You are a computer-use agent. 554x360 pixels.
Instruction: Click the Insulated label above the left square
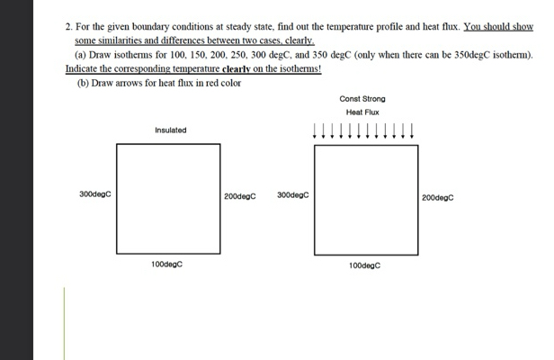point(170,130)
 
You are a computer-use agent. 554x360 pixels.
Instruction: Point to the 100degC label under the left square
point(168,265)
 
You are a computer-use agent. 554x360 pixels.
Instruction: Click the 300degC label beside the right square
point(293,193)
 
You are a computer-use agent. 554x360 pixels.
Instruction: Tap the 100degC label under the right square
point(365,266)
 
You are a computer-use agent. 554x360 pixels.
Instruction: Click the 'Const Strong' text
point(362,98)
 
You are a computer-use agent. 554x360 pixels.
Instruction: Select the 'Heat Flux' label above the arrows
point(362,112)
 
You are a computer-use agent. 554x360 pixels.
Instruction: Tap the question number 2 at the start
point(68,28)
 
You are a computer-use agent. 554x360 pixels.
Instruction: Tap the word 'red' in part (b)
point(212,83)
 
